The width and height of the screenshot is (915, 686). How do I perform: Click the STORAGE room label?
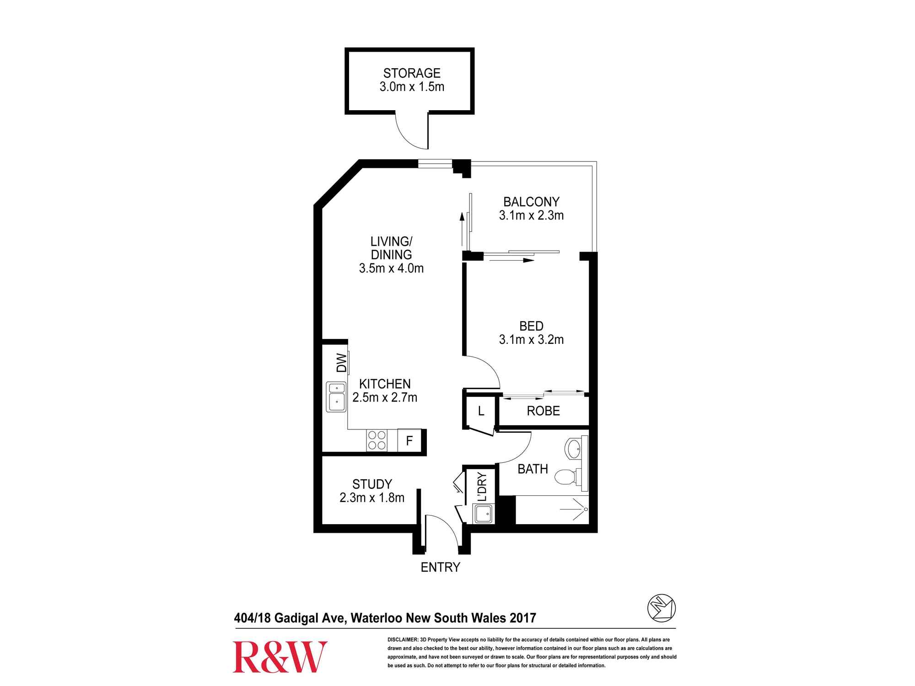(412, 73)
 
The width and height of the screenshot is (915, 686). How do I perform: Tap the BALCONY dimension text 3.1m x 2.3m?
(531, 215)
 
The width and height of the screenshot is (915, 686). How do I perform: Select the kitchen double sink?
(336, 397)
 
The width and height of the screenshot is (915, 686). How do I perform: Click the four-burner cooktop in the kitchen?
(377, 440)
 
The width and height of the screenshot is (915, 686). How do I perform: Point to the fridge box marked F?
(409, 440)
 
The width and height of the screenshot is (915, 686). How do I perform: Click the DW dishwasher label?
(342, 363)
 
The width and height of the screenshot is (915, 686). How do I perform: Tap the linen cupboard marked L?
(481, 411)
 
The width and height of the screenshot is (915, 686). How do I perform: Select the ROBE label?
(543, 411)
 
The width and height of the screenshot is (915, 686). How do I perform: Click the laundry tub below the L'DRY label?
(484, 514)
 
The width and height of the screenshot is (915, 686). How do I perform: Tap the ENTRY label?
(440, 567)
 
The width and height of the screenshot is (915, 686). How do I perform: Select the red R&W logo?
(280, 657)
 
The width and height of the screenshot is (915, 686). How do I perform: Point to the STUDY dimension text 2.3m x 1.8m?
(372, 498)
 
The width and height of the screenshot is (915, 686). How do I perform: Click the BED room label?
(531, 326)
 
